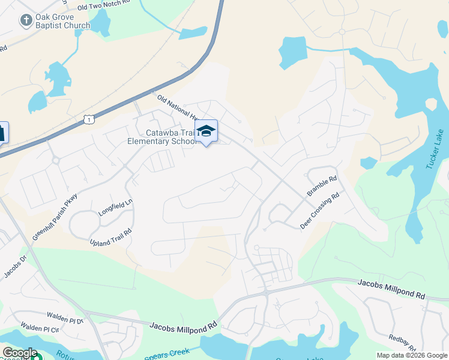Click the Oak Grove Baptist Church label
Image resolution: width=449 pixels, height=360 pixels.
coord(62,21)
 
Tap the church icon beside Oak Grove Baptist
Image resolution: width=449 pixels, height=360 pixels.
coord(26,21)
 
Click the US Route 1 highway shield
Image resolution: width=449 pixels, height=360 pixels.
coord(88,120)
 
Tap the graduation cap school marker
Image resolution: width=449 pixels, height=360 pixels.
coord(206,131)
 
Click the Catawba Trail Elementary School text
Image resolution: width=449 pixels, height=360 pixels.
coord(162,137)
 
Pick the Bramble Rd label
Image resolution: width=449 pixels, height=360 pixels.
coord(322,187)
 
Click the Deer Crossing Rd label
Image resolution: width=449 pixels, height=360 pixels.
coord(321,211)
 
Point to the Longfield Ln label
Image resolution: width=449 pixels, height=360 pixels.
coord(115,208)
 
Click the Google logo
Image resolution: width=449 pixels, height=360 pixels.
coord(19,353)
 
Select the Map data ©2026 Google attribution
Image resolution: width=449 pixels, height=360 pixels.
coord(411,355)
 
